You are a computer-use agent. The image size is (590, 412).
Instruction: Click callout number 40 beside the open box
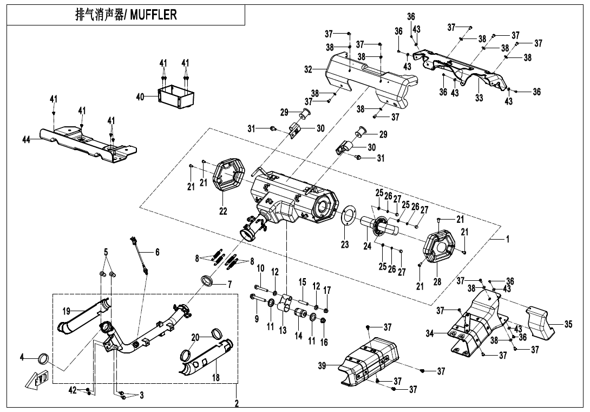[x=140, y=96]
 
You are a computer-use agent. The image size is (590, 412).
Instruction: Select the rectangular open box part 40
[x=177, y=96]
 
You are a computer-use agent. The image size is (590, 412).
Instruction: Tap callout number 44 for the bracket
[x=27, y=140]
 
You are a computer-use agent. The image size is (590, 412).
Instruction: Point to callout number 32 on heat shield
[x=308, y=69]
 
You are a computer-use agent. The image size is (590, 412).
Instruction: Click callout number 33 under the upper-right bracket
[x=479, y=98]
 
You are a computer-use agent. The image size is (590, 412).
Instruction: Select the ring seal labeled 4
[x=43, y=358]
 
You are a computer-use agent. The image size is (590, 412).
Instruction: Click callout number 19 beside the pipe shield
[x=66, y=311]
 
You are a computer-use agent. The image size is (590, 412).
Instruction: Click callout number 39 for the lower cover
[x=323, y=367]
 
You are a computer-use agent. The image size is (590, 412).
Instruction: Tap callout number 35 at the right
[x=568, y=325]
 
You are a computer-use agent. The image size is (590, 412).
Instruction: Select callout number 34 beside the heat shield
[x=430, y=333]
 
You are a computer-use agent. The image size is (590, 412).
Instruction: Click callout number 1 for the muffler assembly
[x=508, y=239]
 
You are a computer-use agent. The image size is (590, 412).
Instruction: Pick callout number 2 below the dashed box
[x=237, y=403]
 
